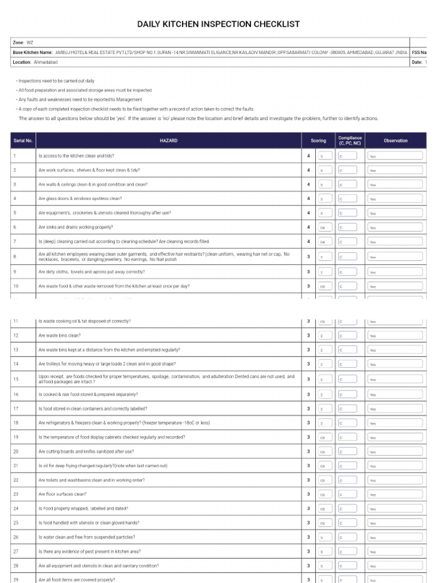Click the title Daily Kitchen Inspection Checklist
click(x=218, y=24)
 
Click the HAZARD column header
click(x=169, y=141)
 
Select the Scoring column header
click(x=318, y=141)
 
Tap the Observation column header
click(x=395, y=141)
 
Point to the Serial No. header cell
click(x=22, y=141)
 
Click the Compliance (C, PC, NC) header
click(x=349, y=141)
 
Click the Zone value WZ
click(x=30, y=42)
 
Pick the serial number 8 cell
click(x=15, y=257)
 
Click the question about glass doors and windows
click(x=80, y=198)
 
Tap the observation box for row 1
click(x=395, y=155)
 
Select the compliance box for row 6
click(x=348, y=227)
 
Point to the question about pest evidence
click(x=89, y=551)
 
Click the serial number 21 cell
click(x=15, y=466)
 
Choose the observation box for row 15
click(x=395, y=379)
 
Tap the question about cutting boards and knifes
click(x=86, y=451)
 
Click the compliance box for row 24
click(x=348, y=508)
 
